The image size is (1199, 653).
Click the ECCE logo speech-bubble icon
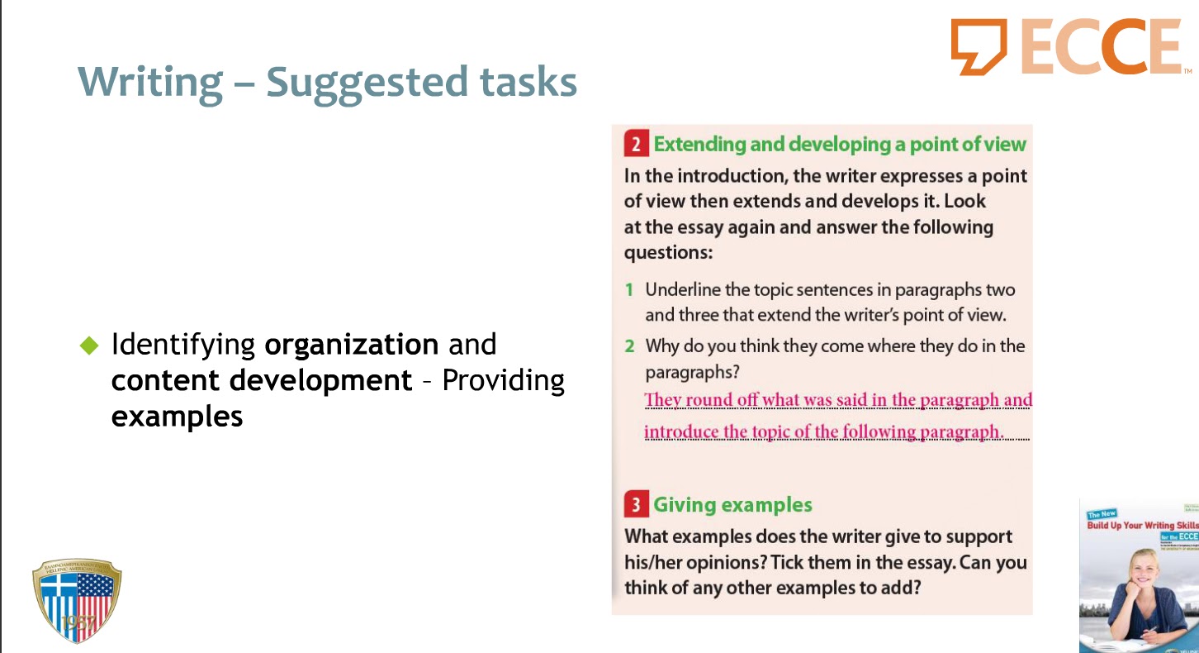(979, 46)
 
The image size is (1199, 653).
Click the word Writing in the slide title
(150, 83)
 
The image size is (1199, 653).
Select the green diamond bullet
(88, 346)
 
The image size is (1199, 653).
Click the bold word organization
(352, 345)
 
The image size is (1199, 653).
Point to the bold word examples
(177, 416)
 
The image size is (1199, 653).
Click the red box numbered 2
(635, 145)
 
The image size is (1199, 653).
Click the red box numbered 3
(635, 505)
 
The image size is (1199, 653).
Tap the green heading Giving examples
(732, 505)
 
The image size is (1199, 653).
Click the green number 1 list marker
(629, 290)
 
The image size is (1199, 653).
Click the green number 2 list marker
(629, 346)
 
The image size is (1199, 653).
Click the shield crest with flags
(76, 600)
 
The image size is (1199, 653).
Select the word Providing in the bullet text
(504, 380)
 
